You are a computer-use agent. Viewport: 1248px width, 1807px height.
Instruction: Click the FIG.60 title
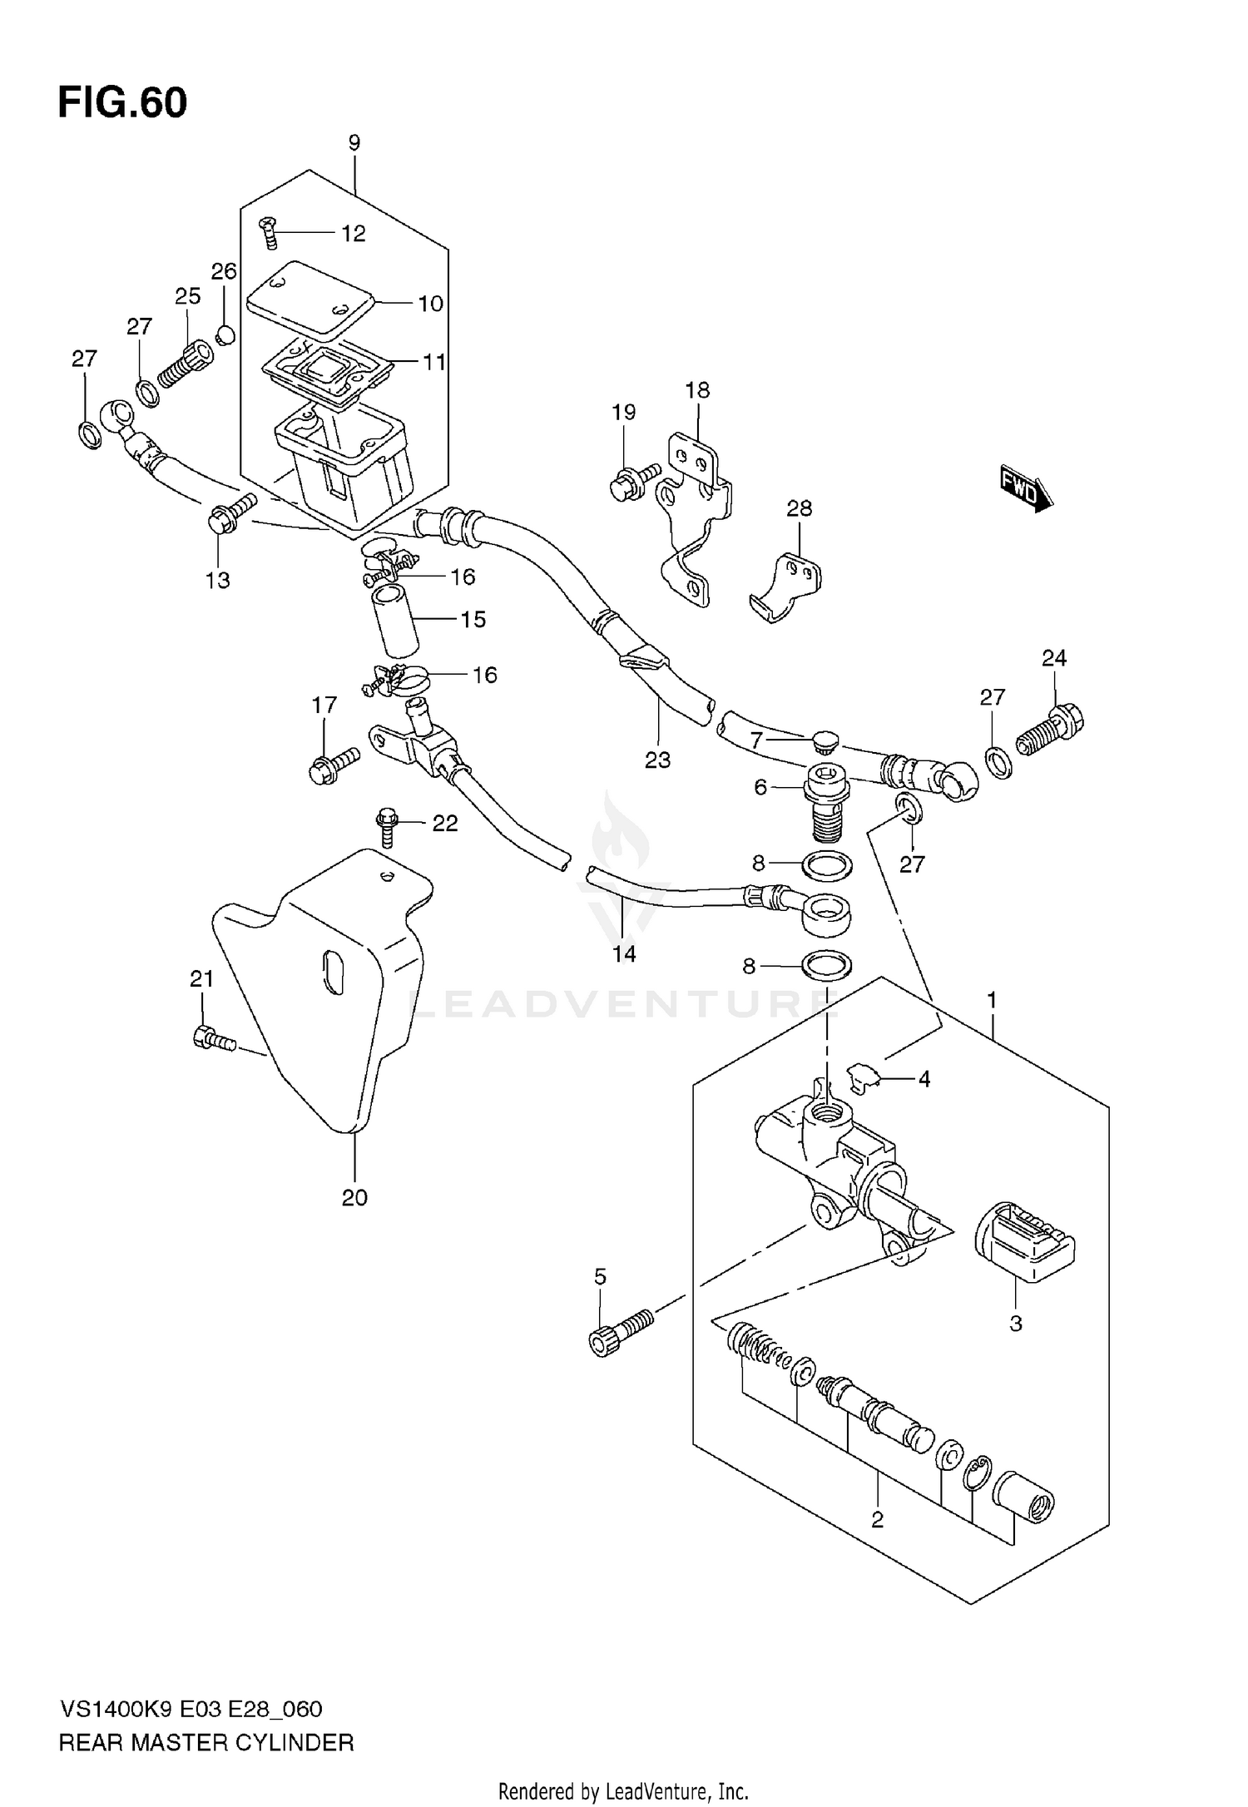[122, 103]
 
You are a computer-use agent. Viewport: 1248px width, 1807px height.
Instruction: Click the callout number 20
[354, 1198]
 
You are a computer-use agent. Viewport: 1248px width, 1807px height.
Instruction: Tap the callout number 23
[657, 760]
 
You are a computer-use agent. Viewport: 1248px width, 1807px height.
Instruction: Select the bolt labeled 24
[1048, 730]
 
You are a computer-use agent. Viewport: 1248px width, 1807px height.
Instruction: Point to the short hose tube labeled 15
[396, 621]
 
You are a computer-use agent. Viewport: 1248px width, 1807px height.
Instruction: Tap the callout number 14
[624, 953]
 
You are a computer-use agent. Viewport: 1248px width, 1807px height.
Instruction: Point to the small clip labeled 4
[862, 1078]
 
